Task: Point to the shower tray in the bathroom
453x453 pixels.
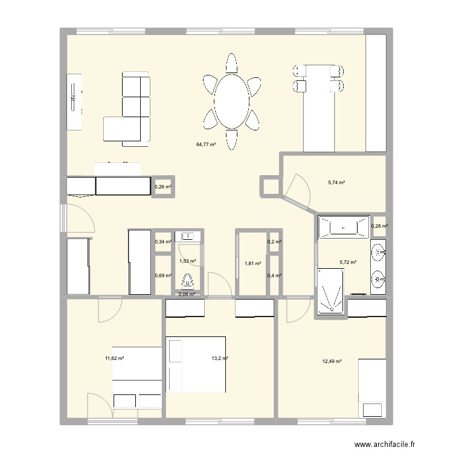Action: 331,292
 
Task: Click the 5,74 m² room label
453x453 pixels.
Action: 336,182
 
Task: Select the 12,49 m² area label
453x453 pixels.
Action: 332,361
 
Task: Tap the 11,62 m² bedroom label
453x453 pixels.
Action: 114,358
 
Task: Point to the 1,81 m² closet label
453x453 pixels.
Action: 252,263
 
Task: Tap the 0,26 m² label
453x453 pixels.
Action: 163,187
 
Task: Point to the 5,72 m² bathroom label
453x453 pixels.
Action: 349,263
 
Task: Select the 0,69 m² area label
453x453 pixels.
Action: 163,275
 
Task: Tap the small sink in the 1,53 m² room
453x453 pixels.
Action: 188,236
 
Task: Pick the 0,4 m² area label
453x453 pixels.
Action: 274,275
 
